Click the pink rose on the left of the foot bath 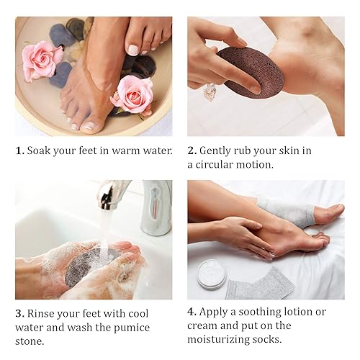[x=40, y=60]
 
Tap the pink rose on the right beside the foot [x=134, y=94]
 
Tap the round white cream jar [x=212, y=274]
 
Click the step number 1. [x=19, y=151]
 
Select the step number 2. [x=192, y=151]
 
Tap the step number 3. [x=19, y=313]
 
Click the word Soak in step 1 [x=40, y=151]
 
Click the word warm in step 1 [x=125, y=151]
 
